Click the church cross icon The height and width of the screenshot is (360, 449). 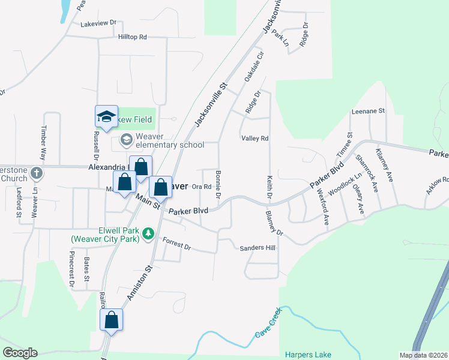pos(37,173)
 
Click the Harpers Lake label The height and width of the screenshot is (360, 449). pos(308,355)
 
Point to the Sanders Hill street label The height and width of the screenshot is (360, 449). pos(257,248)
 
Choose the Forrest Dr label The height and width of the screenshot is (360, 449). pos(176,244)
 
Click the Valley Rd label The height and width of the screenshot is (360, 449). pos(255,139)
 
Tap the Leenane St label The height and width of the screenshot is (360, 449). pos(368,111)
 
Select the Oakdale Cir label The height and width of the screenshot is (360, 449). pos(254,67)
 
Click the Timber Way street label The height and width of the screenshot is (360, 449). pos(43,137)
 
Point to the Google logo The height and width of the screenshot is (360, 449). pos(20,353)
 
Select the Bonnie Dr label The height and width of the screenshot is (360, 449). pos(218,188)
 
